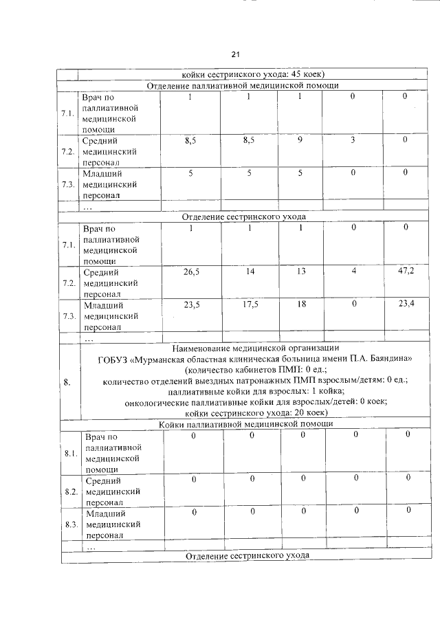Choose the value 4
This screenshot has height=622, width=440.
pos(353,271)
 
